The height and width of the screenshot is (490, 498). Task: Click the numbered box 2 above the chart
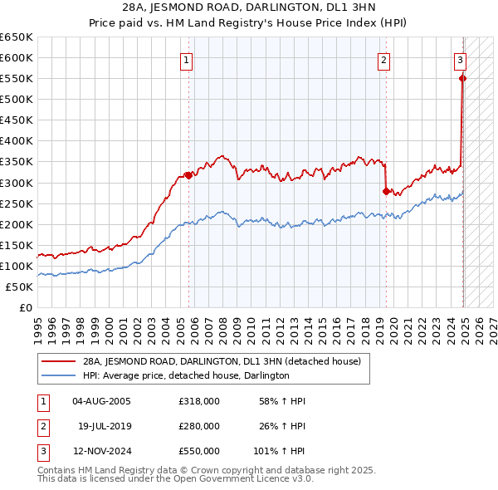pos(384,60)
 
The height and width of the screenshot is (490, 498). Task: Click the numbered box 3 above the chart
pos(460,60)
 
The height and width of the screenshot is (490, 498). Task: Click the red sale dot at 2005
pos(188,175)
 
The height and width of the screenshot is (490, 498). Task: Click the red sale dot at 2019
pos(386,191)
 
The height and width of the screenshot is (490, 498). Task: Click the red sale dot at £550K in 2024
pos(463,78)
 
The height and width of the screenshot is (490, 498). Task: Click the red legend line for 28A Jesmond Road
pos(59,362)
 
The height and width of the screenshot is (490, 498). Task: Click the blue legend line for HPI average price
pos(59,375)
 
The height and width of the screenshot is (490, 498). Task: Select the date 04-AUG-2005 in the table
pos(102,402)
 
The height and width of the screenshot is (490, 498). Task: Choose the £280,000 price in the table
pos(199,426)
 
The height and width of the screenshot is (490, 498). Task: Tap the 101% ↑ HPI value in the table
pos(280,451)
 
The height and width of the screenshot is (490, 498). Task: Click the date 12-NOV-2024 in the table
pos(102,451)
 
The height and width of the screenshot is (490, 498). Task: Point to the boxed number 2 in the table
pos(41,427)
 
